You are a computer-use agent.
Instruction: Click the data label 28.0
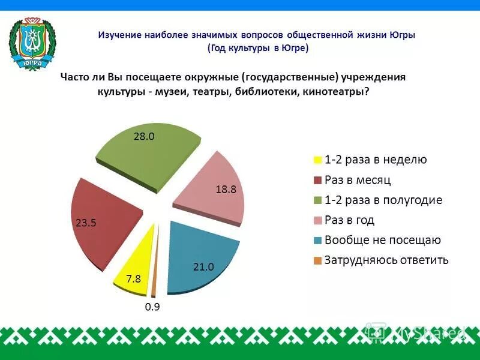click(144, 136)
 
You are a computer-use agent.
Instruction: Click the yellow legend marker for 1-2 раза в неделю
click(316, 160)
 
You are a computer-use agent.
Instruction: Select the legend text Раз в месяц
click(358, 180)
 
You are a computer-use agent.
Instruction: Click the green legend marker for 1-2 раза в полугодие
click(316, 200)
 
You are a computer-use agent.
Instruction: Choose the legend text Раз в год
click(349, 220)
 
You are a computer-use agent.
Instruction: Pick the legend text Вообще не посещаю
click(383, 240)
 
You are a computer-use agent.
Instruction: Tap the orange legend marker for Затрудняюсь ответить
click(316, 260)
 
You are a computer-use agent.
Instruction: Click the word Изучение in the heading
click(119, 35)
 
